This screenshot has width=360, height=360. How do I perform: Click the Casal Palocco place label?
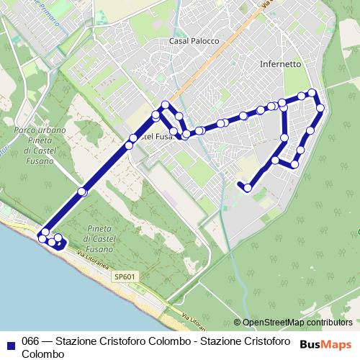point(194,41)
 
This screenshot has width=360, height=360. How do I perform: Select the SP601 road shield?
point(124,276)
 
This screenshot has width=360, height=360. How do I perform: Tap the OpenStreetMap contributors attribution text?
point(297,323)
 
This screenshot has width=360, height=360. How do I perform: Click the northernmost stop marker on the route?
point(312,92)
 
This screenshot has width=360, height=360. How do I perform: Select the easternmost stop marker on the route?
point(320,109)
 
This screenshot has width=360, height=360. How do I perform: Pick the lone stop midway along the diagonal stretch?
point(82,192)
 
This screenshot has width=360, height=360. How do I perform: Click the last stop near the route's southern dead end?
point(248,188)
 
